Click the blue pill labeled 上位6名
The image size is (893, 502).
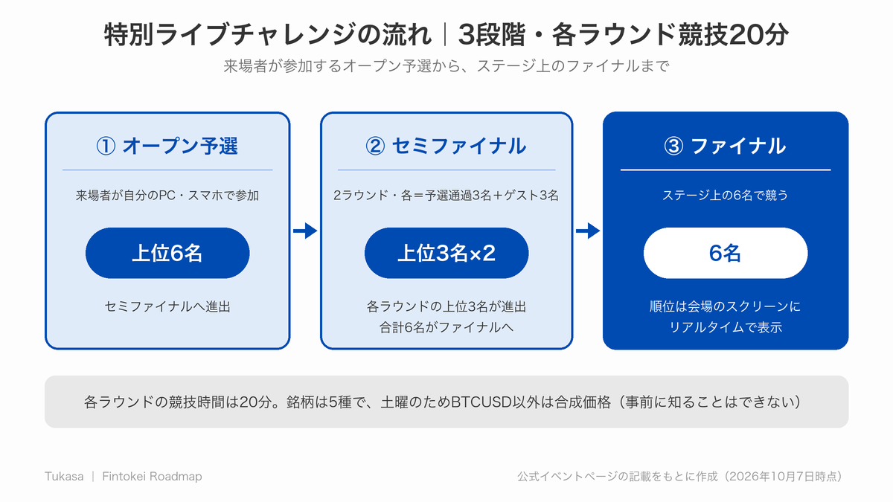pyautogui.click(x=167, y=253)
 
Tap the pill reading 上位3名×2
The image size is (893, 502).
pyautogui.click(x=446, y=253)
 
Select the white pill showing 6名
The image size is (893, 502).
pyautogui.click(x=726, y=253)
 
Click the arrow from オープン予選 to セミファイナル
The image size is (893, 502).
pyautogui.click(x=305, y=231)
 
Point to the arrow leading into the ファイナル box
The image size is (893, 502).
pyautogui.click(x=588, y=231)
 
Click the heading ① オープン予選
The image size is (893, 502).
pyautogui.click(x=167, y=146)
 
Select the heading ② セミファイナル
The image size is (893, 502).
pyautogui.click(x=446, y=146)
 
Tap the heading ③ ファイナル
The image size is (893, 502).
pyautogui.click(x=725, y=146)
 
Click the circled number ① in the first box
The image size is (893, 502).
pyautogui.click(x=106, y=147)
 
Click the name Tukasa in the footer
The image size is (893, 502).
pyautogui.click(x=64, y=477)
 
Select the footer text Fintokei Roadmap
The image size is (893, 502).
pyautogui.click(x=152, y=477)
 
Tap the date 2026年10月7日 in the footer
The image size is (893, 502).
pyautogui.click(x=772, y=477)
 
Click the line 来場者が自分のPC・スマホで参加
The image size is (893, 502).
pyautogui.click(x=167, y=195)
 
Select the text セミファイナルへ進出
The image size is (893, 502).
pyautogui.click(x=167, y=306)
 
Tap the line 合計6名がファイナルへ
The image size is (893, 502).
pyautogui.click(x=446, y=327)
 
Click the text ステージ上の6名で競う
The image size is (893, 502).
pyautogui.click(x=725, y=195)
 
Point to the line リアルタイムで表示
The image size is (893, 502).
pyautogui.click(x=725, y=327)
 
